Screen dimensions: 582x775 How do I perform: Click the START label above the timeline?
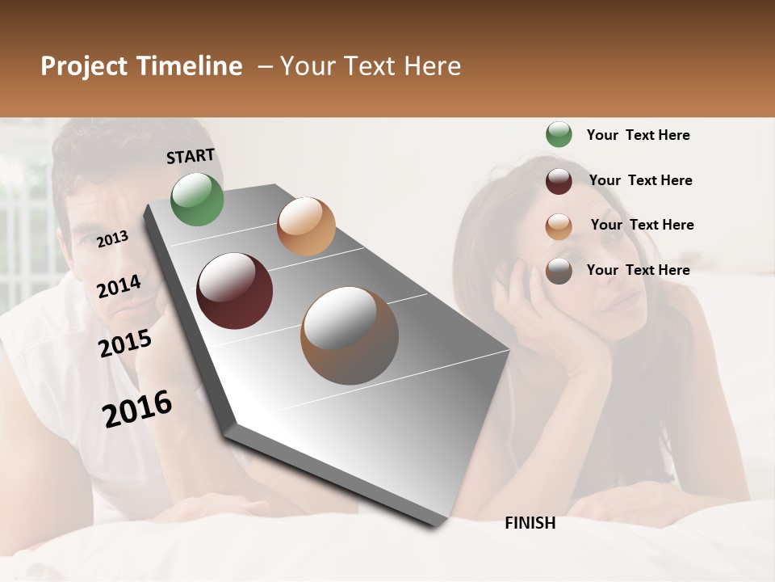coord(191,156)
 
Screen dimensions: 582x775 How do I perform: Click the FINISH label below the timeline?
coord(530,523)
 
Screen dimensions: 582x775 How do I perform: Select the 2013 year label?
coord(112,238)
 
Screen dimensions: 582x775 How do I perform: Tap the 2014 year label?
coord(119,286)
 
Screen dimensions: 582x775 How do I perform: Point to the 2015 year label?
coord(124,344)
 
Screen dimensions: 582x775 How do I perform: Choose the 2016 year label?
coord(137,408)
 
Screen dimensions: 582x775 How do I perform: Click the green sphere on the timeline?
coord(198,199)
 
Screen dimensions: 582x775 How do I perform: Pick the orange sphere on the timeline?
coord(306,226)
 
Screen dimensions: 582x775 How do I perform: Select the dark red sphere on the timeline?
coord(235,291)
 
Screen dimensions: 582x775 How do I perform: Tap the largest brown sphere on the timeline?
coord(350,335)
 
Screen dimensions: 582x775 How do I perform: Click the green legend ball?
coord(559,134)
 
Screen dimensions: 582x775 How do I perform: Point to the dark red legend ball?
coord(559,181)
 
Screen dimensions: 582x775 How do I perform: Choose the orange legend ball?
coord(559,226)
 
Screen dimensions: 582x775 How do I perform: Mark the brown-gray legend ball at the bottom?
coord(559,271)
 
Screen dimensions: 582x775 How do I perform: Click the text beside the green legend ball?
coord(638,135)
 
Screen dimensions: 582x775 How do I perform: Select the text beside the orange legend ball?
coord(642,225)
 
